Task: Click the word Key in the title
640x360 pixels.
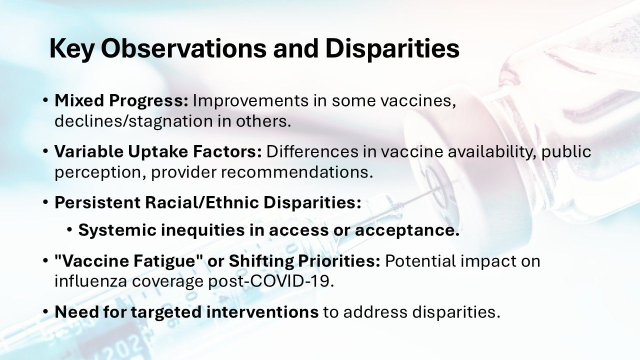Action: pyautogui.click(x=71, y=49)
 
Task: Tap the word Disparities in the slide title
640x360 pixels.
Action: pyautogui.click(x=392, y=49)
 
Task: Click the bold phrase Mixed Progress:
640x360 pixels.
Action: pyautogui.click(x=121, y=101)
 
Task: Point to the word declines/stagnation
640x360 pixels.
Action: pyautogui.click(x=133, y=121)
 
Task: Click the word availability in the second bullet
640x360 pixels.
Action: pyautogui.click(x=491, y=151)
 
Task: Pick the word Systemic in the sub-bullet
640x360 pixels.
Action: pyautogui.click(x=117, y=230)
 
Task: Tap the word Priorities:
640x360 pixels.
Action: pyautogui.click(x=339, y=261)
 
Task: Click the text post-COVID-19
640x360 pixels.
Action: pyautogui.click(x=271, y=281)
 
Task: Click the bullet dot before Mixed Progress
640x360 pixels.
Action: pyautogui.click(x=45, y=101)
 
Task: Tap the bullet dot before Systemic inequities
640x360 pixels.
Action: pyautogui.click(x=69, y=230)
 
